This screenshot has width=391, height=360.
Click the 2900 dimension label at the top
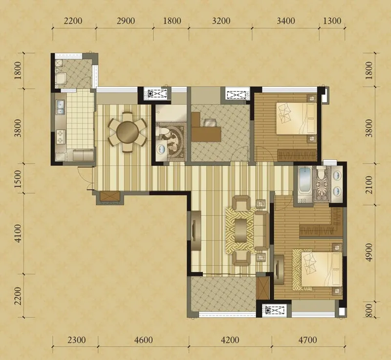point(126,21)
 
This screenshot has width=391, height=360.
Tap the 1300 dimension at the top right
point(332,21)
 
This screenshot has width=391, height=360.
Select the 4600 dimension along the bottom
point(143,340)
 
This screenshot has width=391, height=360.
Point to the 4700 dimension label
point(307,340)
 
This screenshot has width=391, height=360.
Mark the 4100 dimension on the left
point(18,233)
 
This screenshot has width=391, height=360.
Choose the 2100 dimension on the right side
point(369,185)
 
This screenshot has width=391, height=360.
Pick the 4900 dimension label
point(369,252)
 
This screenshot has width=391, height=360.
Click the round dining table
point(128,132)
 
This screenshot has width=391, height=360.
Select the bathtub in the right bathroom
point(304,180)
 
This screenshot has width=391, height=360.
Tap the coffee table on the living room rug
point(240,230)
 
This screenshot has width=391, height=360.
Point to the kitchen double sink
point(60,107)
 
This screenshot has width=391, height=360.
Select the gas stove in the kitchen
point(60,137)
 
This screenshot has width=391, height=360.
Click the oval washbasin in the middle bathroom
point(161,149)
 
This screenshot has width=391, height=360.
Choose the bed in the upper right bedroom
point(296,119)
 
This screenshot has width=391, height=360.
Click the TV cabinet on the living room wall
point(196,230)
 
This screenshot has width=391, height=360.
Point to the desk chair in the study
point(210,123)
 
